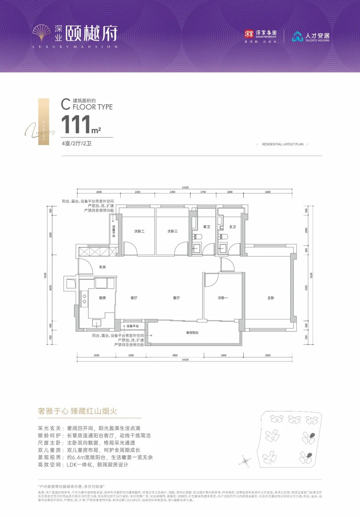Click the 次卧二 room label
139,231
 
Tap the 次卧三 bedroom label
172,231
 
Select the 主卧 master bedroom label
271,298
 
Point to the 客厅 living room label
176,298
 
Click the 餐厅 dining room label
134,298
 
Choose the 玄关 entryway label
102,267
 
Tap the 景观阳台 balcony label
192,333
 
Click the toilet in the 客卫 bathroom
198,237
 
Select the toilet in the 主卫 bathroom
223,237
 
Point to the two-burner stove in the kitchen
84,298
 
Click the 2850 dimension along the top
99,192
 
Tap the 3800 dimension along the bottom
175,355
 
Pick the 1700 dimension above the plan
203,192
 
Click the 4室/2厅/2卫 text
76,144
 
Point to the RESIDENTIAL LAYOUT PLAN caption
283,144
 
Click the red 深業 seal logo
249,34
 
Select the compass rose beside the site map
245,461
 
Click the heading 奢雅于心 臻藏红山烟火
77,411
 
